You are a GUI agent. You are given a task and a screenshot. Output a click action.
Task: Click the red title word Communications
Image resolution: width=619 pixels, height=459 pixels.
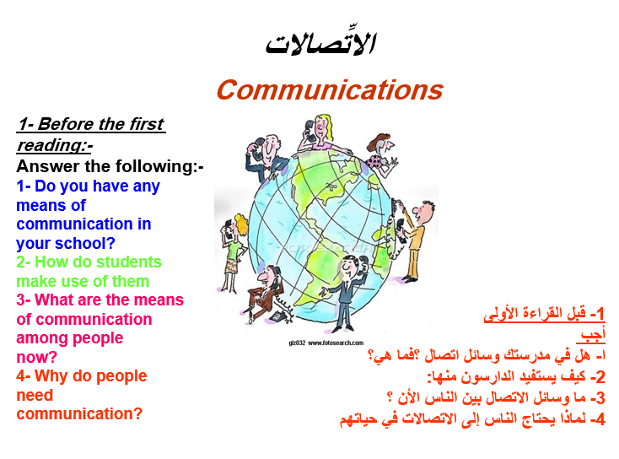point(330,90)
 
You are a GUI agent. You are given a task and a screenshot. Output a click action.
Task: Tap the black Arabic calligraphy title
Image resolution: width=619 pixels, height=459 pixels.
point(320,43)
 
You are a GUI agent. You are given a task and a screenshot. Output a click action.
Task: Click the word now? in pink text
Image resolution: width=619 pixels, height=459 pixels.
point(37,357)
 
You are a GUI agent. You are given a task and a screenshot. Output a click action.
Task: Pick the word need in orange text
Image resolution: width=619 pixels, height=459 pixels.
point(35,395)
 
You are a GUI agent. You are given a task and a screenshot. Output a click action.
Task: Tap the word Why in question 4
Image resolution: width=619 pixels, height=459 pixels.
point(51,376)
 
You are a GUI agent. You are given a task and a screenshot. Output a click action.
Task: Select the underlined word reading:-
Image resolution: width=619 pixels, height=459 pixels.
point(55,145)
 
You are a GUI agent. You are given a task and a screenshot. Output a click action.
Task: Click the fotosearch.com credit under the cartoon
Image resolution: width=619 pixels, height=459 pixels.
point(326,343)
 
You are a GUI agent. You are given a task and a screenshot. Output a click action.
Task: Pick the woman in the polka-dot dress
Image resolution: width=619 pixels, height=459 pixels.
point(380,153)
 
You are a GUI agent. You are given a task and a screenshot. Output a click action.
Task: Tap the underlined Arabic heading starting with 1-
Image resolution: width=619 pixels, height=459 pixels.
point(545,314)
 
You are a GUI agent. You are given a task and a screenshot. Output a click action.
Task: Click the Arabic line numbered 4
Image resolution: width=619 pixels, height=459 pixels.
point(472,418)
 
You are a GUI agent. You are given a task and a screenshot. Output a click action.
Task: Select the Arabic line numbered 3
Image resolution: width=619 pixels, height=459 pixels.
point(496,397)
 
